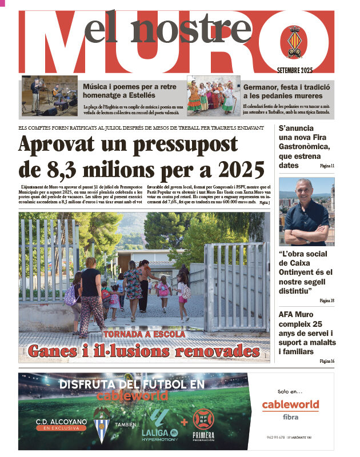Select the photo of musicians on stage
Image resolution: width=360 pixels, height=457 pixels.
click(x=50, y=96)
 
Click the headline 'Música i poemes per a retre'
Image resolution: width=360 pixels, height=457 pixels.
click(x=130, y=87)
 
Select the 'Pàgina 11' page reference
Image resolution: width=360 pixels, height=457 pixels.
click(x=327, y=166)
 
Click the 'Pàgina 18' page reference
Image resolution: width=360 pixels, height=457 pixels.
click(x=327, y=300)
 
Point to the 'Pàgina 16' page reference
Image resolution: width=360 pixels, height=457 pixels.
click(x=327, y=361)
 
